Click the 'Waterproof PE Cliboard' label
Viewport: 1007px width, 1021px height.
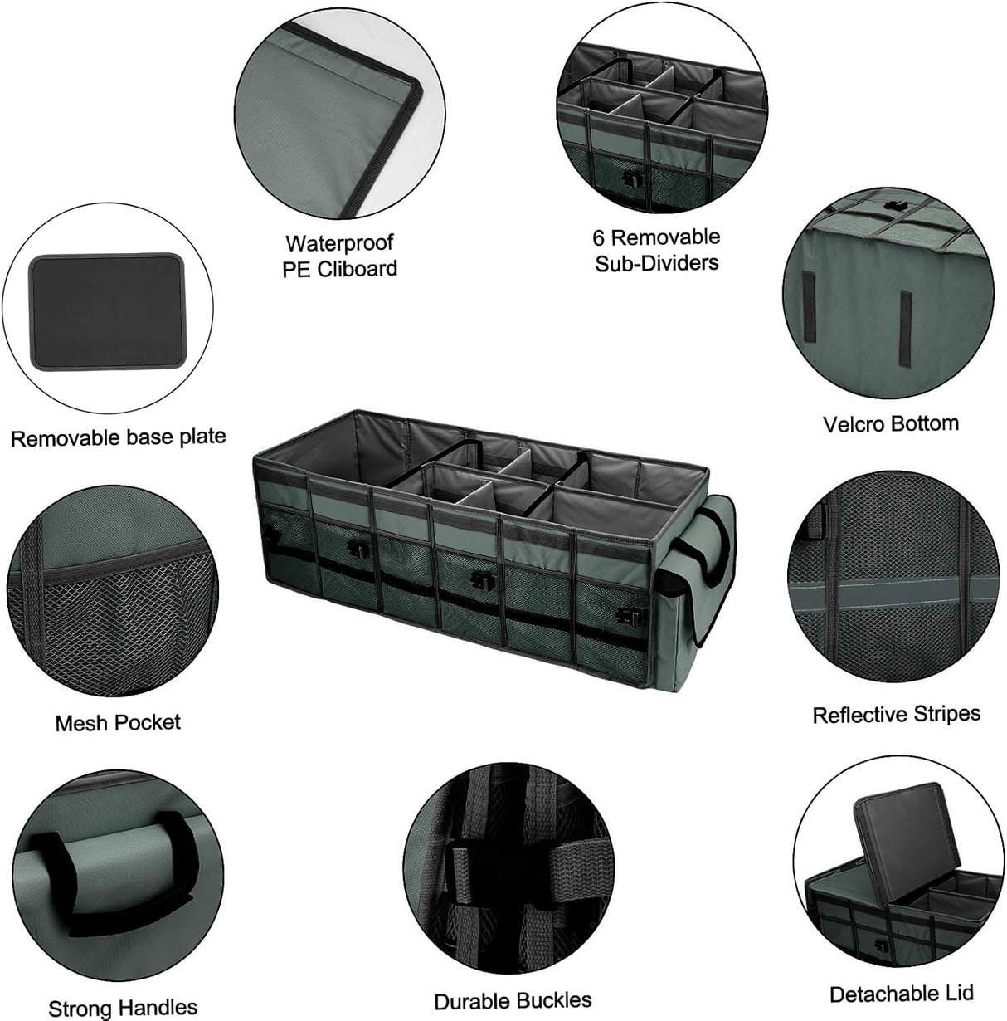(339, 256)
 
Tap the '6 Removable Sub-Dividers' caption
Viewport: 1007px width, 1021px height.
(656, 250)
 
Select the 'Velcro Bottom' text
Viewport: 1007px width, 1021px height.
(890, 423)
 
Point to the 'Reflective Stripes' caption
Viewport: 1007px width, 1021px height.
(896, 714)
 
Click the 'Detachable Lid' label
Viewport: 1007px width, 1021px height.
(901, 993)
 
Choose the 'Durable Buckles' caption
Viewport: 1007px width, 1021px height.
(513, 1000)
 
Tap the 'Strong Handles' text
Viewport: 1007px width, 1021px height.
(123, 1007)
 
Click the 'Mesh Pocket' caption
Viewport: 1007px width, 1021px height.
(117, 722)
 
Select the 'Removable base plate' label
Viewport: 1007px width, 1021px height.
(118, 437)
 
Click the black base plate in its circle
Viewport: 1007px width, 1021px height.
(105, 311)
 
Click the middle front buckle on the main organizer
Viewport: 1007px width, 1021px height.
(478, 579)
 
